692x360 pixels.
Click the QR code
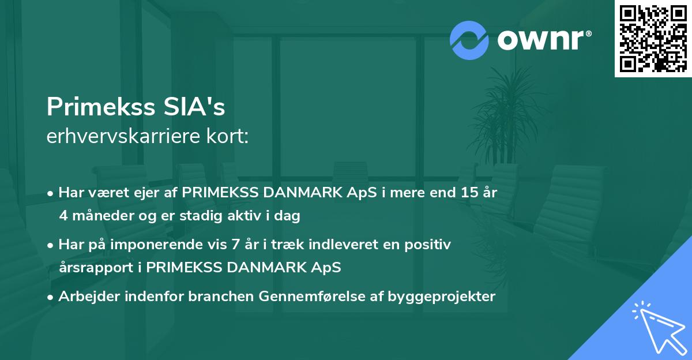click(653, 39)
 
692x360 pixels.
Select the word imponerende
click(168, 245)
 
